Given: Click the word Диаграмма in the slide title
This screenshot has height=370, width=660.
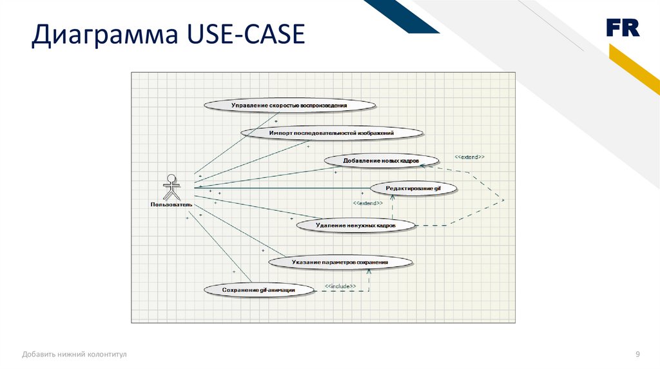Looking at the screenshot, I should tap(104, 35).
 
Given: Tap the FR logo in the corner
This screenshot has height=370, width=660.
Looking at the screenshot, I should tap(622, 28).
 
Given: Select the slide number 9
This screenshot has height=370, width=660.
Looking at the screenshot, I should tap(637, 354).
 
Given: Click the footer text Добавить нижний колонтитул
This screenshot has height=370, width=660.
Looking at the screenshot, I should tap(74, 354).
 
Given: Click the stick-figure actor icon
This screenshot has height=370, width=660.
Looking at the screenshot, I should tap(171, 187).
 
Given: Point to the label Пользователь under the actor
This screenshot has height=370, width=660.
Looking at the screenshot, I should tap(171, 205).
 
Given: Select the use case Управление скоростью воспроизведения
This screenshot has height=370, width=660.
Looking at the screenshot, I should tap(289, 105).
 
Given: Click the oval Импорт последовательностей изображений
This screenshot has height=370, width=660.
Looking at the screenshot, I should tap(331, 132).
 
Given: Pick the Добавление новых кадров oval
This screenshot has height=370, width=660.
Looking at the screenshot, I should tap(381, 160).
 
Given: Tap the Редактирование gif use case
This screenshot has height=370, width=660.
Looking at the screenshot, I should tap(413, 188).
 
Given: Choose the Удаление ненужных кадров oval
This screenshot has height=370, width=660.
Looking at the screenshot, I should tap(355, 225).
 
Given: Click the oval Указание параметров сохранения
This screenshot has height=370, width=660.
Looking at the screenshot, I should tap(340, 262).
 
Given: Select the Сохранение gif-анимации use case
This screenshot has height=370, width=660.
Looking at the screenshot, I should tap(259, 290).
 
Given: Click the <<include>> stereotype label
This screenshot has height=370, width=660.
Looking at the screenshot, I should tap(340, 286).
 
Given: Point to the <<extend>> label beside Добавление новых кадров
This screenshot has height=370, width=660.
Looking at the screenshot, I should tap(469, 157).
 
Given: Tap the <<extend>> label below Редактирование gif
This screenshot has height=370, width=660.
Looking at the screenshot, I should tap(368, 203).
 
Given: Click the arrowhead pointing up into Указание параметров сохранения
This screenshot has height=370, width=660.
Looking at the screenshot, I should tap(369, 271).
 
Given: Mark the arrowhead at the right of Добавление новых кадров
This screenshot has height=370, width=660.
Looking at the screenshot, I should tap(423, 166).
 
